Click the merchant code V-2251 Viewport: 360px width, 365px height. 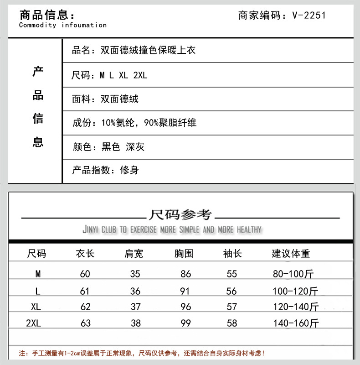click(x=309, y=16)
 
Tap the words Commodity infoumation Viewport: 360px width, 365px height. click(x=62, y=25)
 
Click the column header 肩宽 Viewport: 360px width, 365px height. click(x=134, y=253)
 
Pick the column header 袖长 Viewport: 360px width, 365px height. click(x=232, y=253)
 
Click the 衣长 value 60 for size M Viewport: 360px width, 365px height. click(x=85, y=274)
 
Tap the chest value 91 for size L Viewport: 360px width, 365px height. click(x=185, y=291)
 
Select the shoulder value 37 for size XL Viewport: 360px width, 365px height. click(x=135, y=307)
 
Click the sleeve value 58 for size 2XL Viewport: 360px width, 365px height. click(x=231, y=323)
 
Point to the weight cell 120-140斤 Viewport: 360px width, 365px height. click(x=296, y=307)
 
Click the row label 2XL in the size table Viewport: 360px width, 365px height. click(x=34, y=323)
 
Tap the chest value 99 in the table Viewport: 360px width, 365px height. click(x=185, y=323)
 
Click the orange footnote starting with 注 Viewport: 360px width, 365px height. click(x=142, y=353)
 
